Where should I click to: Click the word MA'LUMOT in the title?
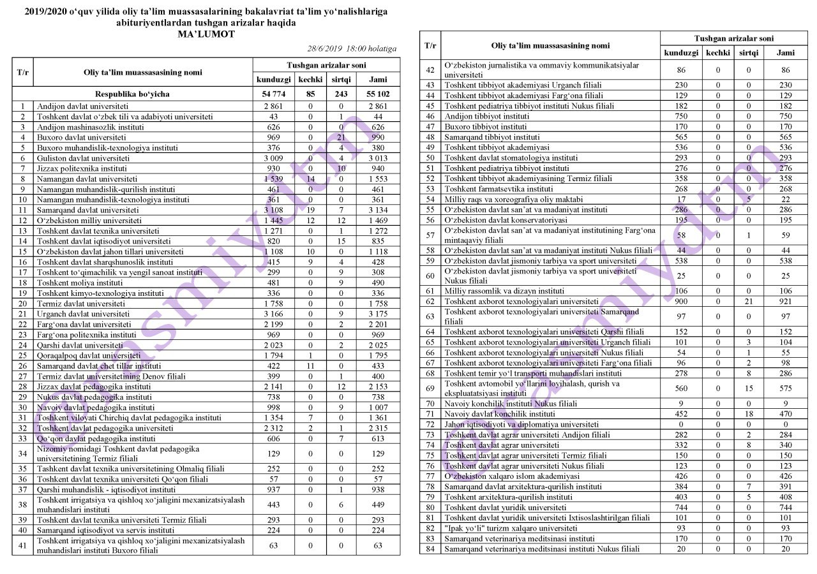click(206, 34)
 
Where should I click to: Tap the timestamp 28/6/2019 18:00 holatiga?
click(352, 48)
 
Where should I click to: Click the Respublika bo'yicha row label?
click(132, 93)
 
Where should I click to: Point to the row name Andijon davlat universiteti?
click(83, 107)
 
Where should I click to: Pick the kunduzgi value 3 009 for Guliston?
click(274, 158)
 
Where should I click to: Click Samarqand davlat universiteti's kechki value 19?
click(310, 210)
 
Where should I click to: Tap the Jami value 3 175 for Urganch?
click(377, 314)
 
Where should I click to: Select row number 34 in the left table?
click(22, 454)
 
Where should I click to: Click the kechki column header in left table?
click(310, 79)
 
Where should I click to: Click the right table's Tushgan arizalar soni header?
click(734, 39)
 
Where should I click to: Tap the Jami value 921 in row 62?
click(785, 301)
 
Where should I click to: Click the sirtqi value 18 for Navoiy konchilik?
click(749, 414)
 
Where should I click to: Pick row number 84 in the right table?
click(430, 549)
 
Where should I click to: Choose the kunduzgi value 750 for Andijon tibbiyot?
click(681, 117)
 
